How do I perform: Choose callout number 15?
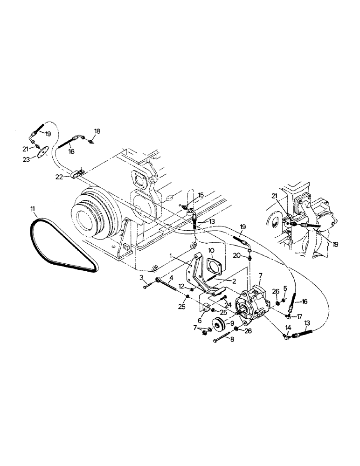pos(201,195)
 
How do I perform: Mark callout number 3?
pos(140,278)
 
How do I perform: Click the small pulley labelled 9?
pos(217,323)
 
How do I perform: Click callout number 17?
pos(299,316)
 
